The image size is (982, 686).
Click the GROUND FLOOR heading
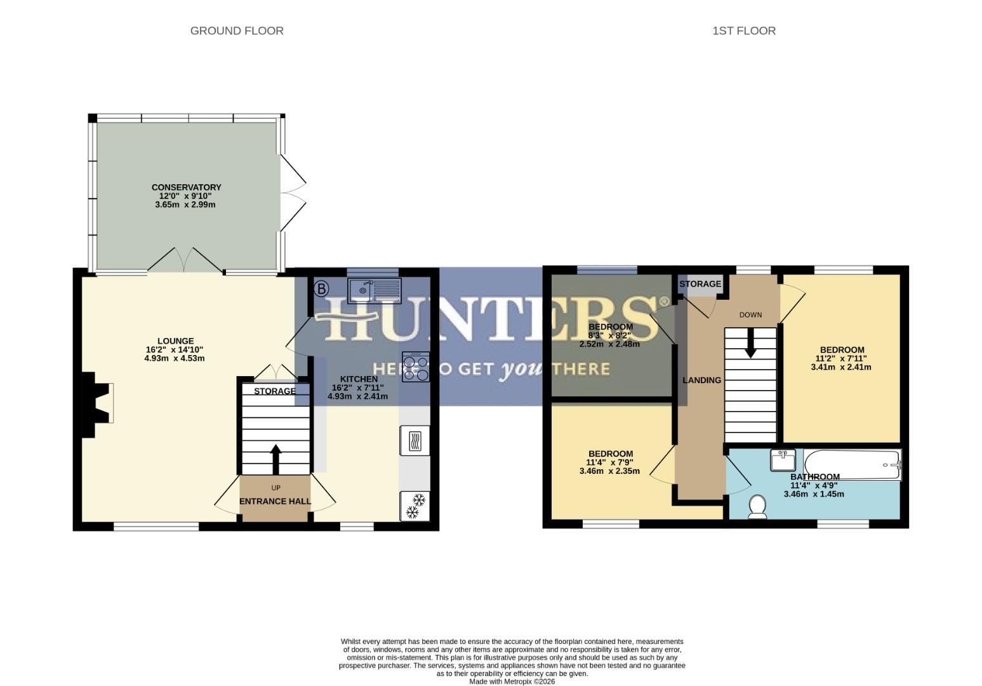click(x=237, y=30)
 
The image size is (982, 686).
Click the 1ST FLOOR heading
click(x=743, y=30)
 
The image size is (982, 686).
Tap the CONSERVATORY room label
click(x=186, y=187)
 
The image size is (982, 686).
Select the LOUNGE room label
click(x=176, y=341)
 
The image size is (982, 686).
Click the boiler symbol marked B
click(x=321, y=290)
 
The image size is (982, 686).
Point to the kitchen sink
click(x=374, y=290)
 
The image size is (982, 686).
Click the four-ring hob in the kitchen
click(x=415, y=367)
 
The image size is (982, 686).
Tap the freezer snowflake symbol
click(x=415, y=506)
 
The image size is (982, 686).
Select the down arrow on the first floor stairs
click(x=750, y=343)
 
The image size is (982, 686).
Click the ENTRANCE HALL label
click(x=275, y=501)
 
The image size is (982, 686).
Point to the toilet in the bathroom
click(x=757, y=506)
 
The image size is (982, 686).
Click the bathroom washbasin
click(x=783, y=460)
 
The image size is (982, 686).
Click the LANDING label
click(x=701, y=380)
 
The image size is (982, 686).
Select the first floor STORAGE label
click(x=700, y=284)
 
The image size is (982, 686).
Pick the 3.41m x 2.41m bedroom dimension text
click(x=841, y=367)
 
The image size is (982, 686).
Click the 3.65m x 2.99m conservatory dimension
click(x=185, y=205)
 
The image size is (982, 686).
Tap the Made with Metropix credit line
click(x=512, y=682)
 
